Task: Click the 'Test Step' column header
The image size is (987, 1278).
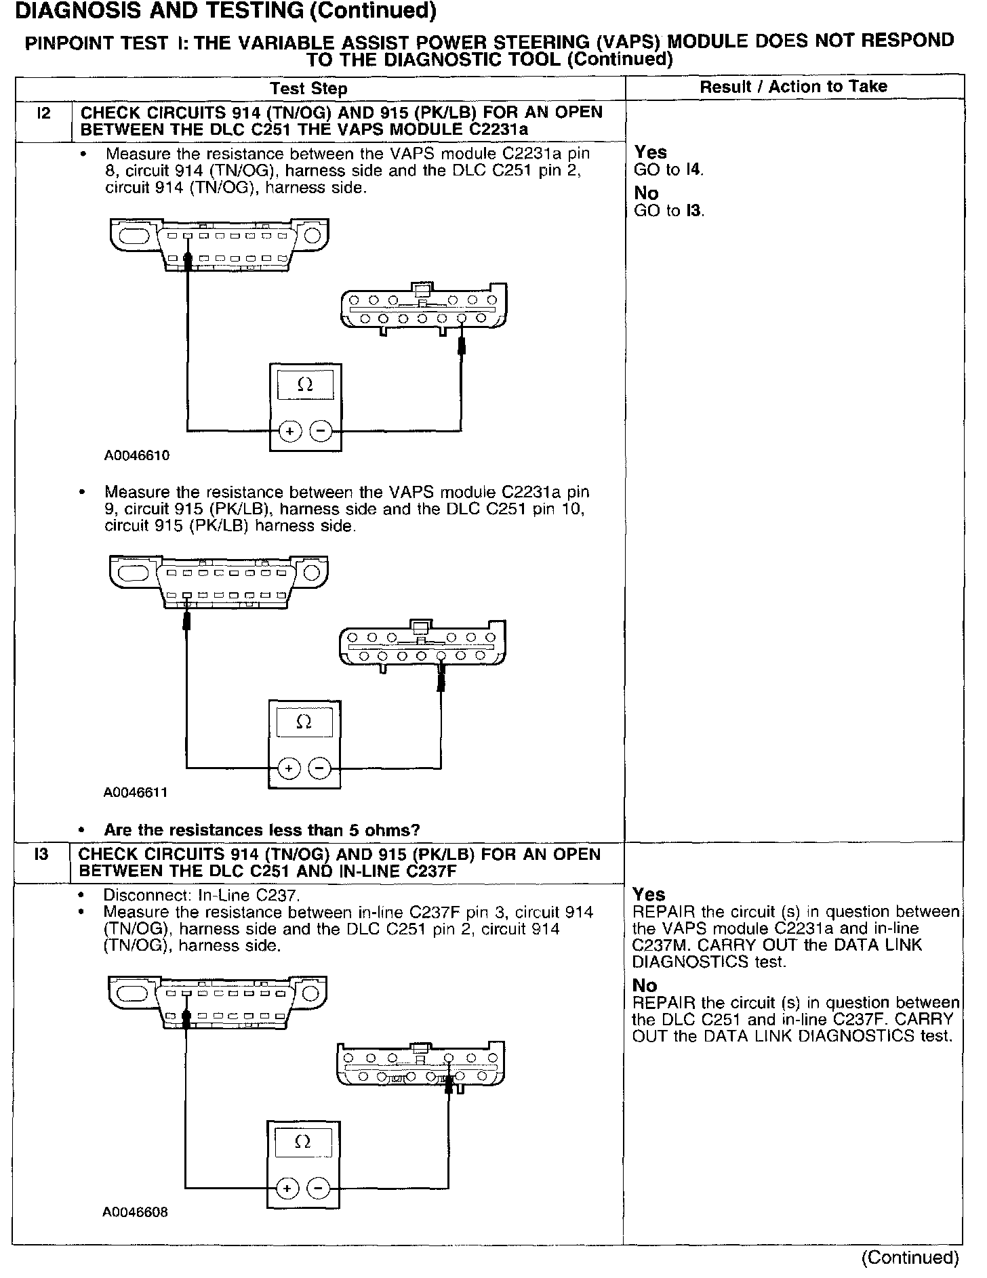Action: (308, 89)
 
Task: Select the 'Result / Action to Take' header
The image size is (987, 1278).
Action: (793, 87)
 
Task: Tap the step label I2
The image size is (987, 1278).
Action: (43, 113)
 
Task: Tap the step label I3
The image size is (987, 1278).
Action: (41, 854)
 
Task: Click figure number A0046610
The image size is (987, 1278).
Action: (136, 456)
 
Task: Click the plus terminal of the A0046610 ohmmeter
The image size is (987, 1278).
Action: (289, 431)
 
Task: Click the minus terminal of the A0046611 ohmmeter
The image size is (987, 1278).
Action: (319, 768)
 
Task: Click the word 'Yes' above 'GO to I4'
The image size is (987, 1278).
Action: (651, 152)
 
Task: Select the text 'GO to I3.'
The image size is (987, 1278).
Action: (669, 211)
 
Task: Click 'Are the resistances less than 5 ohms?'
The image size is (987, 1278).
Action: (262, 830)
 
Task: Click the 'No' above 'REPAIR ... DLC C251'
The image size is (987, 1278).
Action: (645, 986)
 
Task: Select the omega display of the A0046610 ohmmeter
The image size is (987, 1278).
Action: (305, 386)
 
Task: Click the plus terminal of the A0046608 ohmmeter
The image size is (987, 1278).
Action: (287, 1189)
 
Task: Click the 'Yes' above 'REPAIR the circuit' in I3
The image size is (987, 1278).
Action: (649, 894)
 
